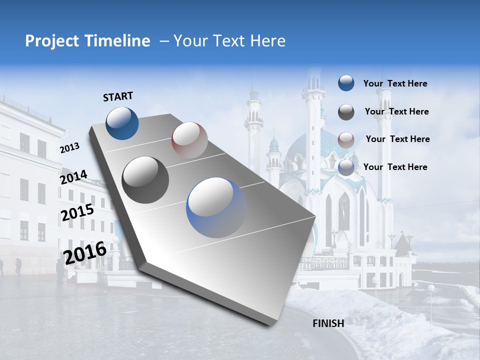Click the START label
point(118,96)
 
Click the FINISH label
point(328,323)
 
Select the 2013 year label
point(69,148)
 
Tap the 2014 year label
point(73,177)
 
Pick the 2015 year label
point(77,212)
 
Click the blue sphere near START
point(122,123)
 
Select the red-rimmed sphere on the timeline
point(189,140)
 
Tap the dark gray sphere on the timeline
point(145,179)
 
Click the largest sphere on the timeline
point(216,207)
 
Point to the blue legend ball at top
point(346,83)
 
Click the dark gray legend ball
point(346,112)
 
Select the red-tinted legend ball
point(346,139)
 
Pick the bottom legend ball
point(346,167)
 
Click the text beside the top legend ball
point(395,84)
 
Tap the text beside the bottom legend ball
point(395,167)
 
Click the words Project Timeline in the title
point(87,41)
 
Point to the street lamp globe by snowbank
point(430,288)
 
